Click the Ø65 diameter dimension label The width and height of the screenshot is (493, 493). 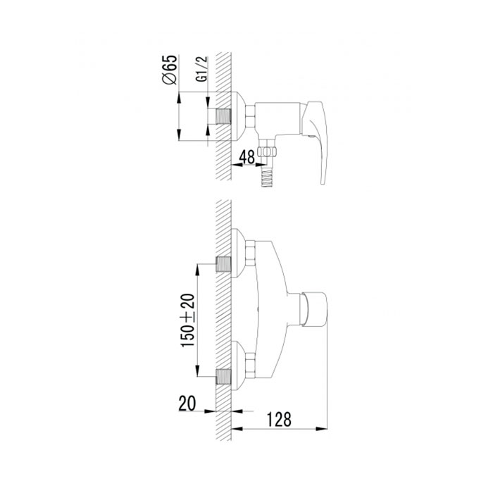pyautogui.click(x=170, y=70)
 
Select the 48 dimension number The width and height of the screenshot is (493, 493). pyautogui.click(x=246, y=156)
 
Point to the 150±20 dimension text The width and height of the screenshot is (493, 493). pyautogui.click(x=188, y=320)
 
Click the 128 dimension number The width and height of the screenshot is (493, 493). pyautogui.click(x=279, y=420)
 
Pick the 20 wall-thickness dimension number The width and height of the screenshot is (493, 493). pyautogui.click(x=187, y=403)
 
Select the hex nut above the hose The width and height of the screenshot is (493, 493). pyautogui.click(x=267, y=151)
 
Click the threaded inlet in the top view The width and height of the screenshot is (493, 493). pyautogui.click(x=223, y=116)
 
